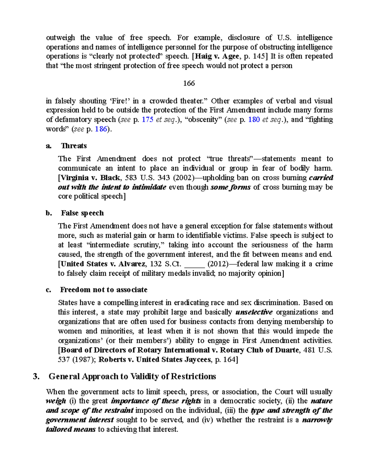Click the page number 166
click(189, 83)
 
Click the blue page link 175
click(148, 120)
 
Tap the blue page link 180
click(254, 120)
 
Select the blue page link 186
click(101, 129)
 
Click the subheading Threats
click(74, 146)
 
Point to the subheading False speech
click(82, 213)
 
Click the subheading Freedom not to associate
click(104, 290)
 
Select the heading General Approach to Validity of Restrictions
click(132, 376)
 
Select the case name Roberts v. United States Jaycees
click(155, 360)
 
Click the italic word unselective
click(254, 312)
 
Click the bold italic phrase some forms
click(231, 187)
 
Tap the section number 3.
click(36, 377)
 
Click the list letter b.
click(49, 213)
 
